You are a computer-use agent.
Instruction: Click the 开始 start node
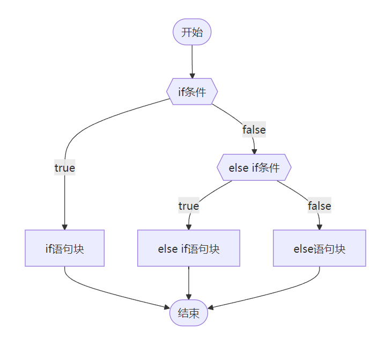point(192,32)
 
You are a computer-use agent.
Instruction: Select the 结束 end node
point(189,312)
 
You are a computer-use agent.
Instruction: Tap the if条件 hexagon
point(192,92)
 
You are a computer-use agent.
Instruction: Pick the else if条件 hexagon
point(254,167)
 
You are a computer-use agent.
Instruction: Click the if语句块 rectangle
point(64,248)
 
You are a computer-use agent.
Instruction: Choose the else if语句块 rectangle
point(189,248)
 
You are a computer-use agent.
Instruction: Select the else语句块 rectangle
point(320,248)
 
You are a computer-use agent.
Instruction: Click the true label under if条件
point(64,168)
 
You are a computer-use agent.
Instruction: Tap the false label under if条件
point(254,129)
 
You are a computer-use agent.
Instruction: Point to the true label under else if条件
point(189,206)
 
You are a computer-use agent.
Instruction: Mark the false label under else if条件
point(319,206)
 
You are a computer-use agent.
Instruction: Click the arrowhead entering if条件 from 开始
point(192,76)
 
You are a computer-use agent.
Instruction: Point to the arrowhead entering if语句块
point(64,226)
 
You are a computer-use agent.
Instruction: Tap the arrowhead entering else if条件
point(254,151)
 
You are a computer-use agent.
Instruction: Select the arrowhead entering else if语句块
point(189,226)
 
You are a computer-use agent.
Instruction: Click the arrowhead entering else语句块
point(320,226)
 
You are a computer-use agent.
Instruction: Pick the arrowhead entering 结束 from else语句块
point(211,308)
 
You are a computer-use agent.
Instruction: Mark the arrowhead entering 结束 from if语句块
point(167,307)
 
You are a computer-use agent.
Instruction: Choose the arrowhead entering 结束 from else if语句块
point(189,296)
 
